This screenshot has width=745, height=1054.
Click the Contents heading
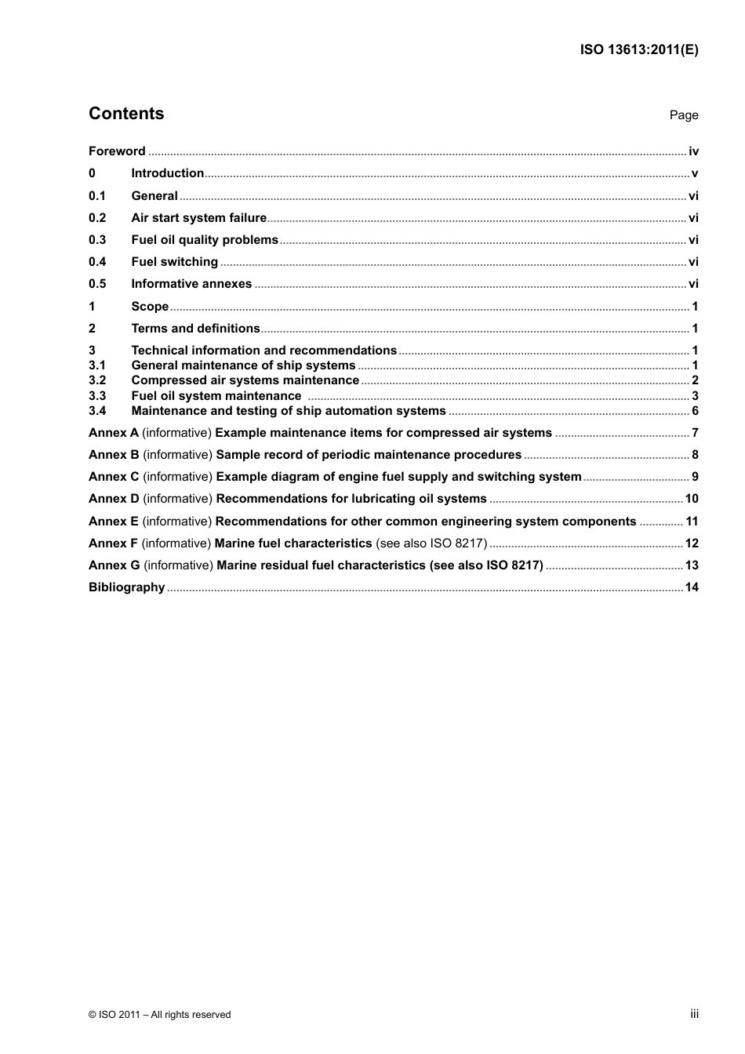coord(126,114)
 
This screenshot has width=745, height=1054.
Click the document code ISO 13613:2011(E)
coord(639,49)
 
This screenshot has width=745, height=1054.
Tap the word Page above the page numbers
coord(683,115)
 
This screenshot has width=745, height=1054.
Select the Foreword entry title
coord(117,151)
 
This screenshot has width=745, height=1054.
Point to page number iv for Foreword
coord(693,151)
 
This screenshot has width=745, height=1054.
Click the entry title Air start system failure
coord(198,218)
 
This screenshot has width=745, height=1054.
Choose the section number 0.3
coord(97,240)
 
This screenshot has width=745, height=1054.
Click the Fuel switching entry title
coord(174,262)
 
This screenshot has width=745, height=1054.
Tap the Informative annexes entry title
coord(191,284)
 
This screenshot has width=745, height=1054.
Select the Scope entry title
coord(150,307)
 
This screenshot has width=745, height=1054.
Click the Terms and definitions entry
coord(195,329)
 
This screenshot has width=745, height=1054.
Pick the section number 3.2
coord(97,380)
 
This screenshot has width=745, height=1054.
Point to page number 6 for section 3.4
coord(695,411)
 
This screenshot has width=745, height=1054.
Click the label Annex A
coord(114,433)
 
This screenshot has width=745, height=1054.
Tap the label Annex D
coord(114,499)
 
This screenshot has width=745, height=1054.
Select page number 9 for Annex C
coord(695,477)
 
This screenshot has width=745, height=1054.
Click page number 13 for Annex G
coord(692,565)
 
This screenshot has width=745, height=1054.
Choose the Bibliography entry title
coord(126,587)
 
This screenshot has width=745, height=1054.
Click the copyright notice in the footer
coord(160,1015)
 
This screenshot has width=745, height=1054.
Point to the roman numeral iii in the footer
coord(694,1014)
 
